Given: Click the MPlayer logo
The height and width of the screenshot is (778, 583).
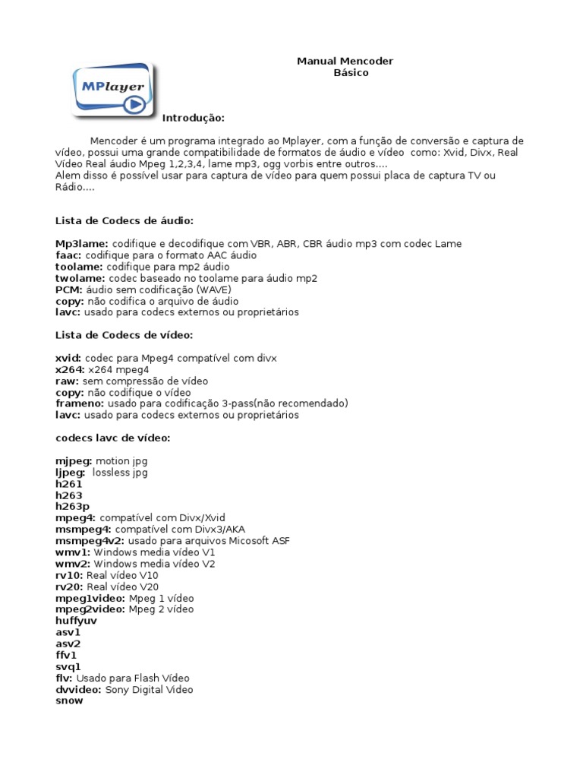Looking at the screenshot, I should click(112, 90).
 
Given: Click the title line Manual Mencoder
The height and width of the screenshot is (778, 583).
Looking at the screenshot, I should click(345, 61).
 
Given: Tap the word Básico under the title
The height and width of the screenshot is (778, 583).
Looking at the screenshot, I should click(351, 73).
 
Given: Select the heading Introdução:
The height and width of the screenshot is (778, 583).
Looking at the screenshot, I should click(194, 119).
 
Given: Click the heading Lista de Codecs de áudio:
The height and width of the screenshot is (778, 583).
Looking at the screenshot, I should click(124, 220).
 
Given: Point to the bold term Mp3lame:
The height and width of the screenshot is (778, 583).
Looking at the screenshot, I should click(82, 244).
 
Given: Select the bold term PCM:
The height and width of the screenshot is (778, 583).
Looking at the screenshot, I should click(69, 289).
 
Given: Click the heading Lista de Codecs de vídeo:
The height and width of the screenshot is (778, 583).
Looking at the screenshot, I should click(124, 335).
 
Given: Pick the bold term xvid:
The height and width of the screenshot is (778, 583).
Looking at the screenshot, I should click(68, 358).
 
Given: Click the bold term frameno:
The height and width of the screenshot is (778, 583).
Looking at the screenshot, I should click(80, 403).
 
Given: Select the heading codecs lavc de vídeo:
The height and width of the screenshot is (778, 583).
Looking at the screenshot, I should click(113, 438).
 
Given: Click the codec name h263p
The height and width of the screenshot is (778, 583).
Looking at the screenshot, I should click(73, 506).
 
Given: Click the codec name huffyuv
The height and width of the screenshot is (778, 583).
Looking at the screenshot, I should click(77, 621).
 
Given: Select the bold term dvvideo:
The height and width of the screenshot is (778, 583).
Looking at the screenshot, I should click(79, 690).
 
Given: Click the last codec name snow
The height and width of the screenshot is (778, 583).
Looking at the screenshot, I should click(69, 701).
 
